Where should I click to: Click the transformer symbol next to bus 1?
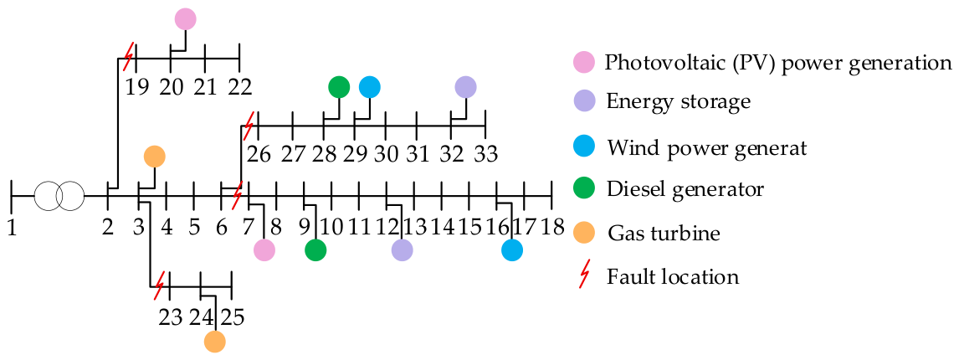[x=59, y=197]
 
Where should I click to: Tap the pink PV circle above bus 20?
[x=185, y=19]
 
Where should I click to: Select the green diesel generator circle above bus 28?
[x=339, y=88]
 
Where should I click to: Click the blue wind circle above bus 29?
[x=369, y=88]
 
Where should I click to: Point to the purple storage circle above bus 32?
[x=465, y=88]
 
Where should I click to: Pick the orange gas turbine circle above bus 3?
[x=155, y=157]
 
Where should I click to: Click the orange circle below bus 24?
[x=215, y=342]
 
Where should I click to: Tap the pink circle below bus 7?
[x=264, y=249]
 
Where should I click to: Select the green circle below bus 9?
[x=315, y=249]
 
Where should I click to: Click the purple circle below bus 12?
[x=402, y=249]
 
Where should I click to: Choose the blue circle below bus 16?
[x=512, y=249]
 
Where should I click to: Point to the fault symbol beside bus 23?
[x=159, y=285]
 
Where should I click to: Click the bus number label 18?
[x=552, y=227]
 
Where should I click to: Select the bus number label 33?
[x=485, y=156]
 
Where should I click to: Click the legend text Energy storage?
[x=679, y=101]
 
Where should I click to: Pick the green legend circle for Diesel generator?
[x=584, y=189]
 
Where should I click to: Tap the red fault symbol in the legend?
[x=584, y=277]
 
